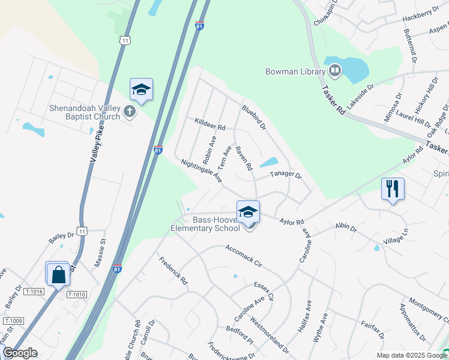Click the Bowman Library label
tap(295, 72)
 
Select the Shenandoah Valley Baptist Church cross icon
tap(128, 111)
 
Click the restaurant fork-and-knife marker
tap(393, 188)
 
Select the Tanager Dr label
tap(285, 175)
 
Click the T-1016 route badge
tap(34, 292)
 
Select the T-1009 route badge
tap(13, 321)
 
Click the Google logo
tap(20, 353)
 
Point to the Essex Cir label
tap(264, 290)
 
